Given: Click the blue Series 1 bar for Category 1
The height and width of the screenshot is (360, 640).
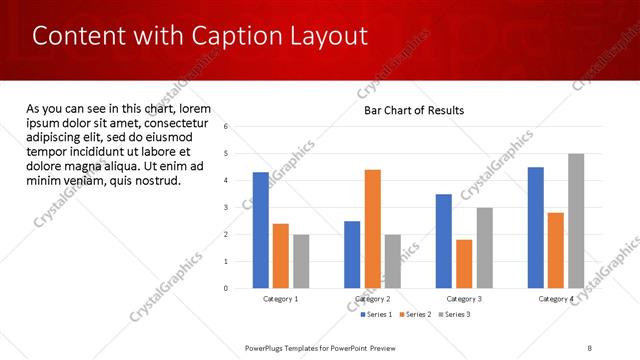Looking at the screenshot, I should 261,230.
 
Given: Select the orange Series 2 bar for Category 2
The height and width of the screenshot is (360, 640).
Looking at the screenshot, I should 372,229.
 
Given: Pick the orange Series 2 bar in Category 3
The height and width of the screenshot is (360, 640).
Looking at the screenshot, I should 464,263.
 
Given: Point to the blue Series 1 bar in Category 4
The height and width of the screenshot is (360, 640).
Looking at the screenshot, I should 536,227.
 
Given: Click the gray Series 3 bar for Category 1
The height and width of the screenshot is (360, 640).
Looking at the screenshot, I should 301,261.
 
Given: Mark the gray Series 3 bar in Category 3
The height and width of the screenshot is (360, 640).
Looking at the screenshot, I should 484,248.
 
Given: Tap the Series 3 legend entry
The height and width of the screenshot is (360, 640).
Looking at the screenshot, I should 454,315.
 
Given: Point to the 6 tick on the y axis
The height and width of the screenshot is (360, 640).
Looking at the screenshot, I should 227,127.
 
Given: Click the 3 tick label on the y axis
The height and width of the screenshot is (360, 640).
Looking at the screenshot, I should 227,208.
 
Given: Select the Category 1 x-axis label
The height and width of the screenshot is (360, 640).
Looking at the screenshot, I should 281,299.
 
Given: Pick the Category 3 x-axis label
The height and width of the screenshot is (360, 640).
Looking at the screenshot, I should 464,299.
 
